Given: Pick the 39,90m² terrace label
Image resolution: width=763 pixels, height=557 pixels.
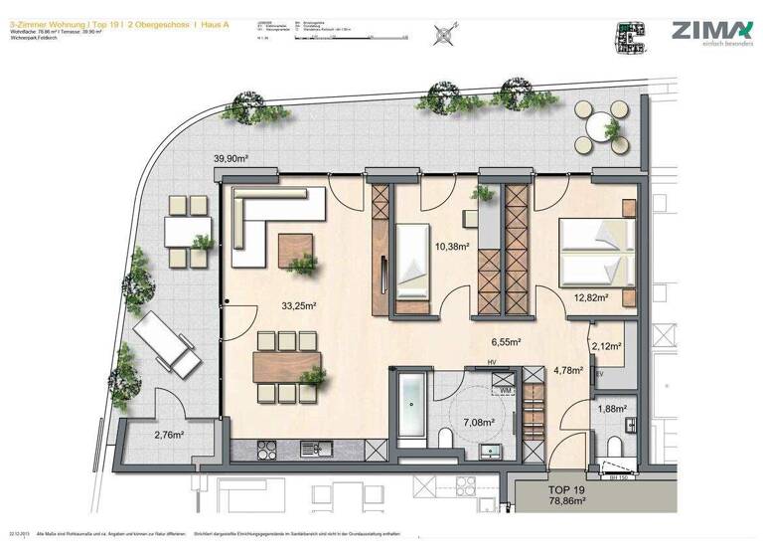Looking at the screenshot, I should (x=230, y=158).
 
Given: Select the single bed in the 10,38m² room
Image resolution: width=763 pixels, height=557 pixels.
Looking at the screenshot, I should (x=412, y=261).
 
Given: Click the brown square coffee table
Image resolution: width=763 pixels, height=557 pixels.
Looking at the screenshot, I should (x=295, y=247).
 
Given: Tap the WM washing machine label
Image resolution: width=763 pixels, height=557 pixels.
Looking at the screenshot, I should (x=506, y=390).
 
